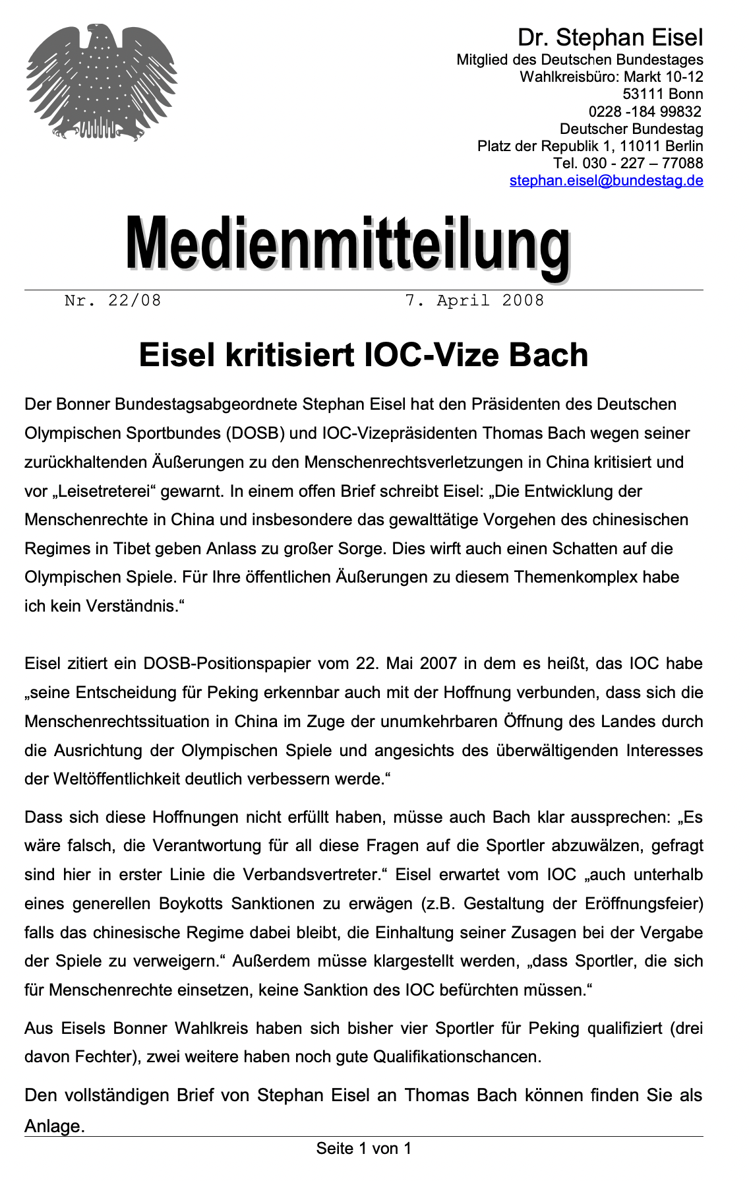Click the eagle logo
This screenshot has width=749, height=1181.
click(102, 82)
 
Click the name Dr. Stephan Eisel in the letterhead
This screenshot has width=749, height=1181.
click(610, 37)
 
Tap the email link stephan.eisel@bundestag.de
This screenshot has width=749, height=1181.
click(606, 180)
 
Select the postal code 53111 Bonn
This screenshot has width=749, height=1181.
click(663, 94)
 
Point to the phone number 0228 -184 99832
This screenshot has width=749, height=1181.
click(645, 112)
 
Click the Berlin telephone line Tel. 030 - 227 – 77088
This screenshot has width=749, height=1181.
click(628, 163)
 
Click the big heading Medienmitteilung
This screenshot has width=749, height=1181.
click(348, 243)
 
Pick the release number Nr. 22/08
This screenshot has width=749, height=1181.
click(113, 301)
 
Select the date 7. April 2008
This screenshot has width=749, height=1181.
click(474, 301)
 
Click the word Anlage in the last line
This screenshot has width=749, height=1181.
click(54, 1126)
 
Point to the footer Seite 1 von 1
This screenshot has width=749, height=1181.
click(363, 1149)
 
